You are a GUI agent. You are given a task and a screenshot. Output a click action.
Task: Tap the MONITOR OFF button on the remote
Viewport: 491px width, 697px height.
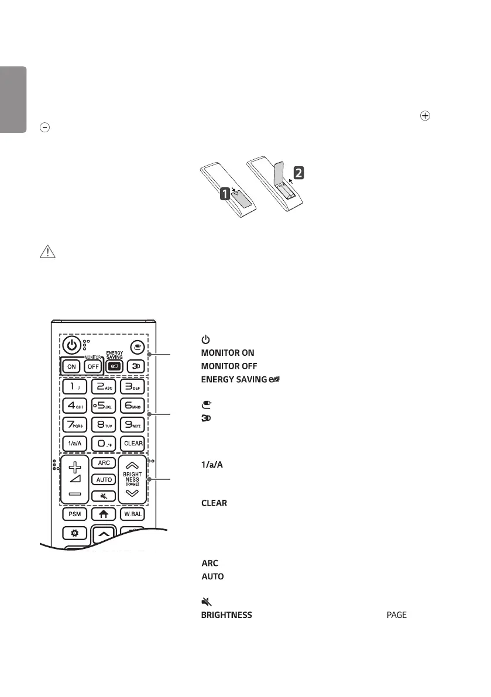[92, 368]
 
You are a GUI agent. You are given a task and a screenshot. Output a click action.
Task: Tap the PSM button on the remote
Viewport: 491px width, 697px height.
[75, 516]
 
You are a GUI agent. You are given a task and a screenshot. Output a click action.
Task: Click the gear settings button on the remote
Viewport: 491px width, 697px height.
[75, 535]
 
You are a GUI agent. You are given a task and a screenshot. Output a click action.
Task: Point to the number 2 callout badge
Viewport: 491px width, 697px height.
[298, 173]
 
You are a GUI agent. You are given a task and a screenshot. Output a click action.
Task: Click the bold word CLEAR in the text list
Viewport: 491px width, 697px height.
[214, 503]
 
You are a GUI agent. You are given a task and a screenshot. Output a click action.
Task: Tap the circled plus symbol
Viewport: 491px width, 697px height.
[425, 116]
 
